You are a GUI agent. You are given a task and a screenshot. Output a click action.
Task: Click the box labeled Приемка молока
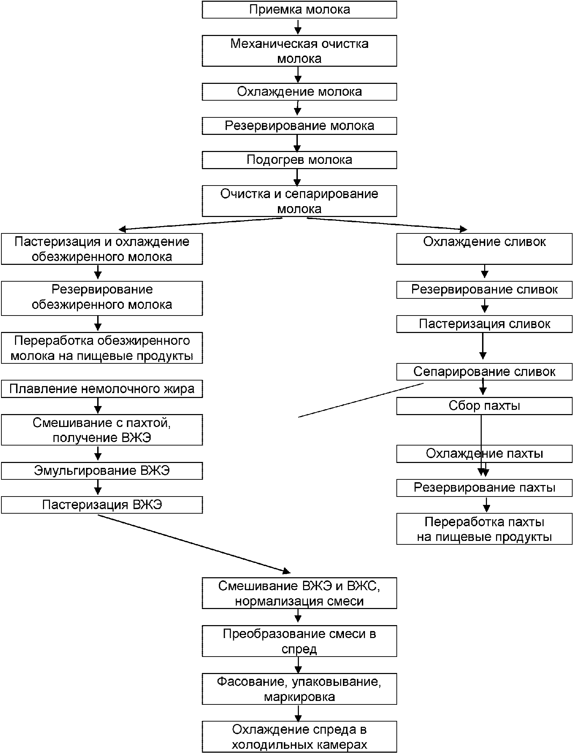299,9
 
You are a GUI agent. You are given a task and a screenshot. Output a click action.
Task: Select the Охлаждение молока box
299,92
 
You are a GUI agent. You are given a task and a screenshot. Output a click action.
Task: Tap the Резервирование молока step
299,126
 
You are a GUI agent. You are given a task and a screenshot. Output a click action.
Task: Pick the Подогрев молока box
299,160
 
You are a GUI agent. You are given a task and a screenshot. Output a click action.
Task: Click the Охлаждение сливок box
485,249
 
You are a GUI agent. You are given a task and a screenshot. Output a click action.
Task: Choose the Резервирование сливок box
485,290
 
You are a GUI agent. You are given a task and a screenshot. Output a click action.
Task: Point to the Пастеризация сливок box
485,324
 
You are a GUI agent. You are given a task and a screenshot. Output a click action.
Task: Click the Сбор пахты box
485,406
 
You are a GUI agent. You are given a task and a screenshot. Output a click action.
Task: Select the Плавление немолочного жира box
102,389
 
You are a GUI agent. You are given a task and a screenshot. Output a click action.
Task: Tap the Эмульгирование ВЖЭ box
102,471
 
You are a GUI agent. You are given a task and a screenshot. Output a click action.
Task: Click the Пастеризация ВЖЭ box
102,505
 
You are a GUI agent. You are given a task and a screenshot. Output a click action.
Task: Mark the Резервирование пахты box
485,488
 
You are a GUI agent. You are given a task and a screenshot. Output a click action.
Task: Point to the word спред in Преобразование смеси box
299,649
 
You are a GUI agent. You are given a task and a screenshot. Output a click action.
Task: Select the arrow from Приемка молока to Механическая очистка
298,27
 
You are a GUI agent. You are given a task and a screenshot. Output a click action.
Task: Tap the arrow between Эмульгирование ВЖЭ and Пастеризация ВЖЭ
98,488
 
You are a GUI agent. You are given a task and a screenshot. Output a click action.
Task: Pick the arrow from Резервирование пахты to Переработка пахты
486,505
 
